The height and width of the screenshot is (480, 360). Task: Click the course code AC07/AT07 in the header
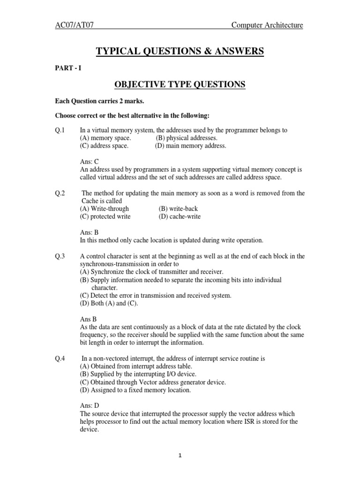pyautogui.click(x=75, y=25)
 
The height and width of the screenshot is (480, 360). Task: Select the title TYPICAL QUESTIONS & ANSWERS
pyautogui.click(x=180, y=51)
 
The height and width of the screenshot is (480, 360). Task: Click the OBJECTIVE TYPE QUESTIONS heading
pyautogui.click(x=180, y=84)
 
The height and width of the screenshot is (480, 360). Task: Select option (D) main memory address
pyautogui.click(x=190, y=146)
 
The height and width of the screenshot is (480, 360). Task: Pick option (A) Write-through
pyautogui.click(x=104, y=209)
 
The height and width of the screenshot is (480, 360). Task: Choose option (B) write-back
pyautogui.click(x=180, y=209)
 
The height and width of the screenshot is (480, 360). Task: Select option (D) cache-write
pyautogui.click(x=180, y=217)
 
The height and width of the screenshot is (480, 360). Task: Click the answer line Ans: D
pyautogui.click(x=90, y=405)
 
